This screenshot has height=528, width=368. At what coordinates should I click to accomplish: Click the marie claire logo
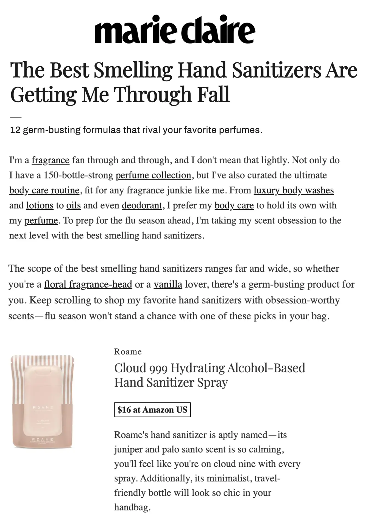pyautogui.click(x=175, y=29)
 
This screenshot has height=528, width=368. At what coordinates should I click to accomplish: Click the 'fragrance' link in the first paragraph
pyautogui.click(x=51, y=160)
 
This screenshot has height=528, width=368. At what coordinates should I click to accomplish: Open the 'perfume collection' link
pyautogui.click(x=153, y=175)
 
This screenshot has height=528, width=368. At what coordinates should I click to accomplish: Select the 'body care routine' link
pyautogui.click(x=44, y=190)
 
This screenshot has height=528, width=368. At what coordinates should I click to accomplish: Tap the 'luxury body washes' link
pyautogui.click(x=294, y=190)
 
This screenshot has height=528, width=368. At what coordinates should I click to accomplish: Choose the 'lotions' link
pyautogui.click(x=40, y=205)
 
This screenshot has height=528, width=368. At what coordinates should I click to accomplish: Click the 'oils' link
pyautogui.click(x=74, y=205)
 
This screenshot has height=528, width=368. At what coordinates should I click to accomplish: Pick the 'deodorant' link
pyautogui.click(x=142, y=205)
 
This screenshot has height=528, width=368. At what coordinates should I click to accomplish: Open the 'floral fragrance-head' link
pyautogui.click(x=88, y=284)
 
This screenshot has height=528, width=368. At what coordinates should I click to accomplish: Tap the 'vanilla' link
pyautogui.click(x=168, y=284)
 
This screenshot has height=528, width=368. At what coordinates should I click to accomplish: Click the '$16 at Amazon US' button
pyautogui.click(x=152, y=410)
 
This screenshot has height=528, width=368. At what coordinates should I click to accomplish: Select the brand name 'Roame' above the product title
pyautogui.click(x=128, y=352)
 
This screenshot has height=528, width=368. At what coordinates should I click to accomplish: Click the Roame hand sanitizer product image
pyautogui.click(x=43, y=402)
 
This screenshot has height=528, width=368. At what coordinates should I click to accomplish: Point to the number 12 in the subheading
pyautogui.click(x=15, y=130)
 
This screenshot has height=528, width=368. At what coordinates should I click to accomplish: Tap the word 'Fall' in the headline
pyautogui.click(x=213, y=94)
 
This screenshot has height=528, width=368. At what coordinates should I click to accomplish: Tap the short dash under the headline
pyautogui.click(x=16, y=117)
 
